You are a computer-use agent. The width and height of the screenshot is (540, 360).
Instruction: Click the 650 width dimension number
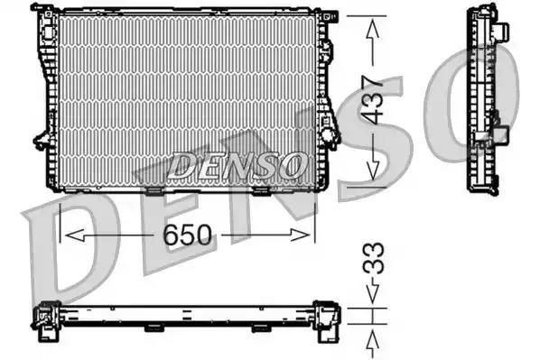(x=188, y=235)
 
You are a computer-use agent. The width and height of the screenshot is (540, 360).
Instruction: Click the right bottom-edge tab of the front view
(x=261, y=189)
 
